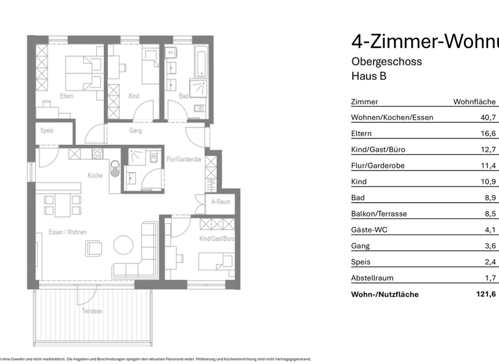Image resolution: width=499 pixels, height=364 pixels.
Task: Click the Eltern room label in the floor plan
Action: tap(66, 96)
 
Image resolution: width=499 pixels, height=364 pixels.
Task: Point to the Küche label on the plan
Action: tap(96, 175)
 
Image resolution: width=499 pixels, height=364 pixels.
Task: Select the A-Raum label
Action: tap(222, 201)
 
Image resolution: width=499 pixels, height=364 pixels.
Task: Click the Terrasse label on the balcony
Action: tap(92, 311)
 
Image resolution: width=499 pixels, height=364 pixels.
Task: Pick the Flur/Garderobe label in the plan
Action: tap(185, 159)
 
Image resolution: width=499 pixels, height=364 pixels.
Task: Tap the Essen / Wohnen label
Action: tap(68, 232)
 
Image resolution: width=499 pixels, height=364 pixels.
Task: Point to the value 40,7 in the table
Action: tap(488, 118)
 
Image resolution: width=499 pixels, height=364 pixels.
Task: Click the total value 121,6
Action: tap(486, 294)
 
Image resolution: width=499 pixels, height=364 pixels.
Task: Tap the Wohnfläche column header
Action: tap(474, 102)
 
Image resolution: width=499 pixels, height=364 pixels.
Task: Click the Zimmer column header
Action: tap(364, 102)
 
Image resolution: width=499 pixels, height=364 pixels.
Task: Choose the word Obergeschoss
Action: tap(386, 62)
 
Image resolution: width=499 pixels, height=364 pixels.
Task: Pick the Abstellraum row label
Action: tap(372, 278)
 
